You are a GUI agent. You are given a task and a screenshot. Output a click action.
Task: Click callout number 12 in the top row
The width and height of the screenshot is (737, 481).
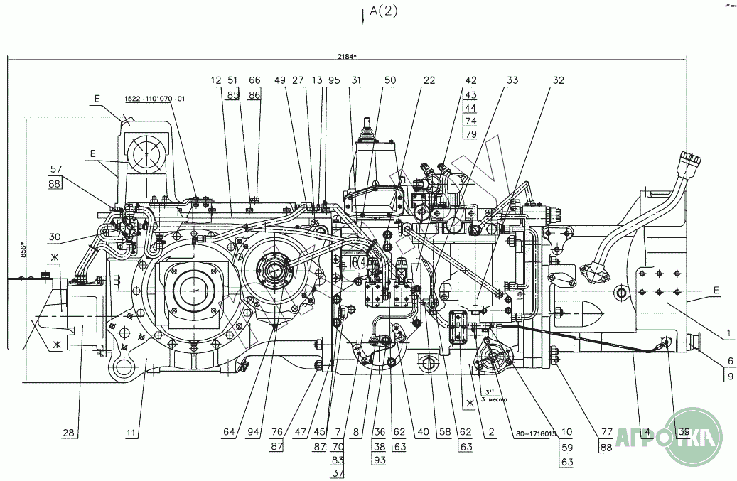point(215,81)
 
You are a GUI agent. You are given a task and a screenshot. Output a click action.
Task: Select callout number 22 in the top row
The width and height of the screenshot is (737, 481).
point(429,81)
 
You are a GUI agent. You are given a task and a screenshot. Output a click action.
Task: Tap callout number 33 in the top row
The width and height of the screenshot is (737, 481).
point(512,81)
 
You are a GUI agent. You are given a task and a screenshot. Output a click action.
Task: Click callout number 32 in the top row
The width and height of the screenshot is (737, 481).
point(558,81)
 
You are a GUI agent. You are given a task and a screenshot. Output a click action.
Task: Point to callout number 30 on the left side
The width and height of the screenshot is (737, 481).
point(57,237)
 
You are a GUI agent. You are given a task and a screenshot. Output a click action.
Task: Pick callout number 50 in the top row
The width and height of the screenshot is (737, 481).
point(389,81)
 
